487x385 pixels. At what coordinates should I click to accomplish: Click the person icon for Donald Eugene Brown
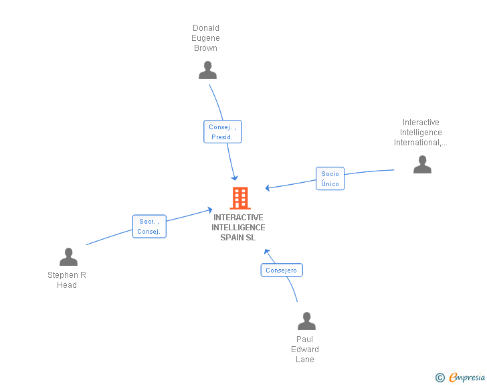pyautogui.click(x=207, y=70)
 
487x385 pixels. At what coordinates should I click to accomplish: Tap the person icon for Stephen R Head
pyautogui.click(x=68, y=257)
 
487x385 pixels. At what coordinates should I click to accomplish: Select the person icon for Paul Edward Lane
pyautogui.click(x=306, y=321)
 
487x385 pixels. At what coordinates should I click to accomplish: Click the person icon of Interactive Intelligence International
pyautogui.click(x=422, y=165)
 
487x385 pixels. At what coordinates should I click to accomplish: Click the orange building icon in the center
pyautogui.click(x=239, y=198)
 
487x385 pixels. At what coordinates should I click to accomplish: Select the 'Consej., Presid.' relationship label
pyautogui.click(x=222, y=132)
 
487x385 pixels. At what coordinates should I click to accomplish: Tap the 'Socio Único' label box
pyautogui.click(x=330, y=179)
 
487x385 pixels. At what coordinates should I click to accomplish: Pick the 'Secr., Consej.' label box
pyautogui.click(x=149, y=226)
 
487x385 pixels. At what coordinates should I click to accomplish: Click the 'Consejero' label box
pyautogui.click(x=281, y=271)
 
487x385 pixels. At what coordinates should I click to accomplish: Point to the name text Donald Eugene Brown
pyautogui.click(x=206, y=38)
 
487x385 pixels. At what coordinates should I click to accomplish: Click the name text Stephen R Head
pyautogui.click(x=67, y=280)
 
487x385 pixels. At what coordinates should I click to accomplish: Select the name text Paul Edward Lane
pyautogui.click(x=305, y=349)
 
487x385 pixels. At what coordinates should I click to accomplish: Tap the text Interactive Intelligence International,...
pyautogui.click(x=421, y=133)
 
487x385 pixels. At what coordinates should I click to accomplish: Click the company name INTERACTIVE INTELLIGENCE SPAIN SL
pyautogui.click(x=238, y=228)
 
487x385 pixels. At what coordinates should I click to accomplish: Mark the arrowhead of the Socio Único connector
pyautogui.click(x=268, y=188)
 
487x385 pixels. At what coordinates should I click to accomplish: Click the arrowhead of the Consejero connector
pyautogui.click(x=266, y=252)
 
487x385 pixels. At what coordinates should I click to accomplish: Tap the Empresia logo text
pyautogui.click(x=466, y=378)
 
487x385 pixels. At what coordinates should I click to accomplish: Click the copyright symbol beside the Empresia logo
pyautogui.click(x=440, y=378)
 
